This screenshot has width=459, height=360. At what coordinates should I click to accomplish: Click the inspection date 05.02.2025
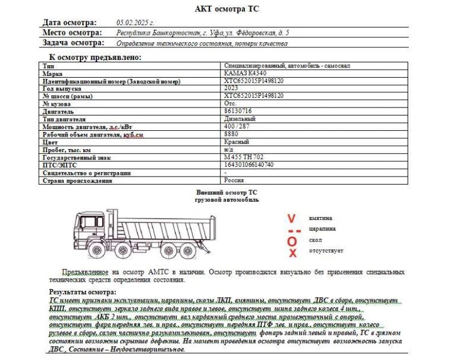(x=135, y=22)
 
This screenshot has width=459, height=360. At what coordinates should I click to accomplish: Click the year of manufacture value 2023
(x=232, y=89)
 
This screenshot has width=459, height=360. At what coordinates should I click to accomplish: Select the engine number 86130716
(x=239, y=111)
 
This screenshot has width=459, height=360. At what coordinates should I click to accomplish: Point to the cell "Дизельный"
(x=240, y=119)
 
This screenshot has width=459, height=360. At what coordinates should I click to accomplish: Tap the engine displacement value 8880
(x=232, y=134)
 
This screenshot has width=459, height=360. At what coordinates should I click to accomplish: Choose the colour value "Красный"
(x=236, y=142)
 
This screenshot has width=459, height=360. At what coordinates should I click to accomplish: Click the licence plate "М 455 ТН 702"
(x=244, y=157)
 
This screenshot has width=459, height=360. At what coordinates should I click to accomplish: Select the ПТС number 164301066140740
(x=249, y=165)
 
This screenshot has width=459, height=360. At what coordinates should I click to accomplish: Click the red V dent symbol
(x=292, y=218)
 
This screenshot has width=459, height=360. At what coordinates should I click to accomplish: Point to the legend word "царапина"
(x=322, y=229)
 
